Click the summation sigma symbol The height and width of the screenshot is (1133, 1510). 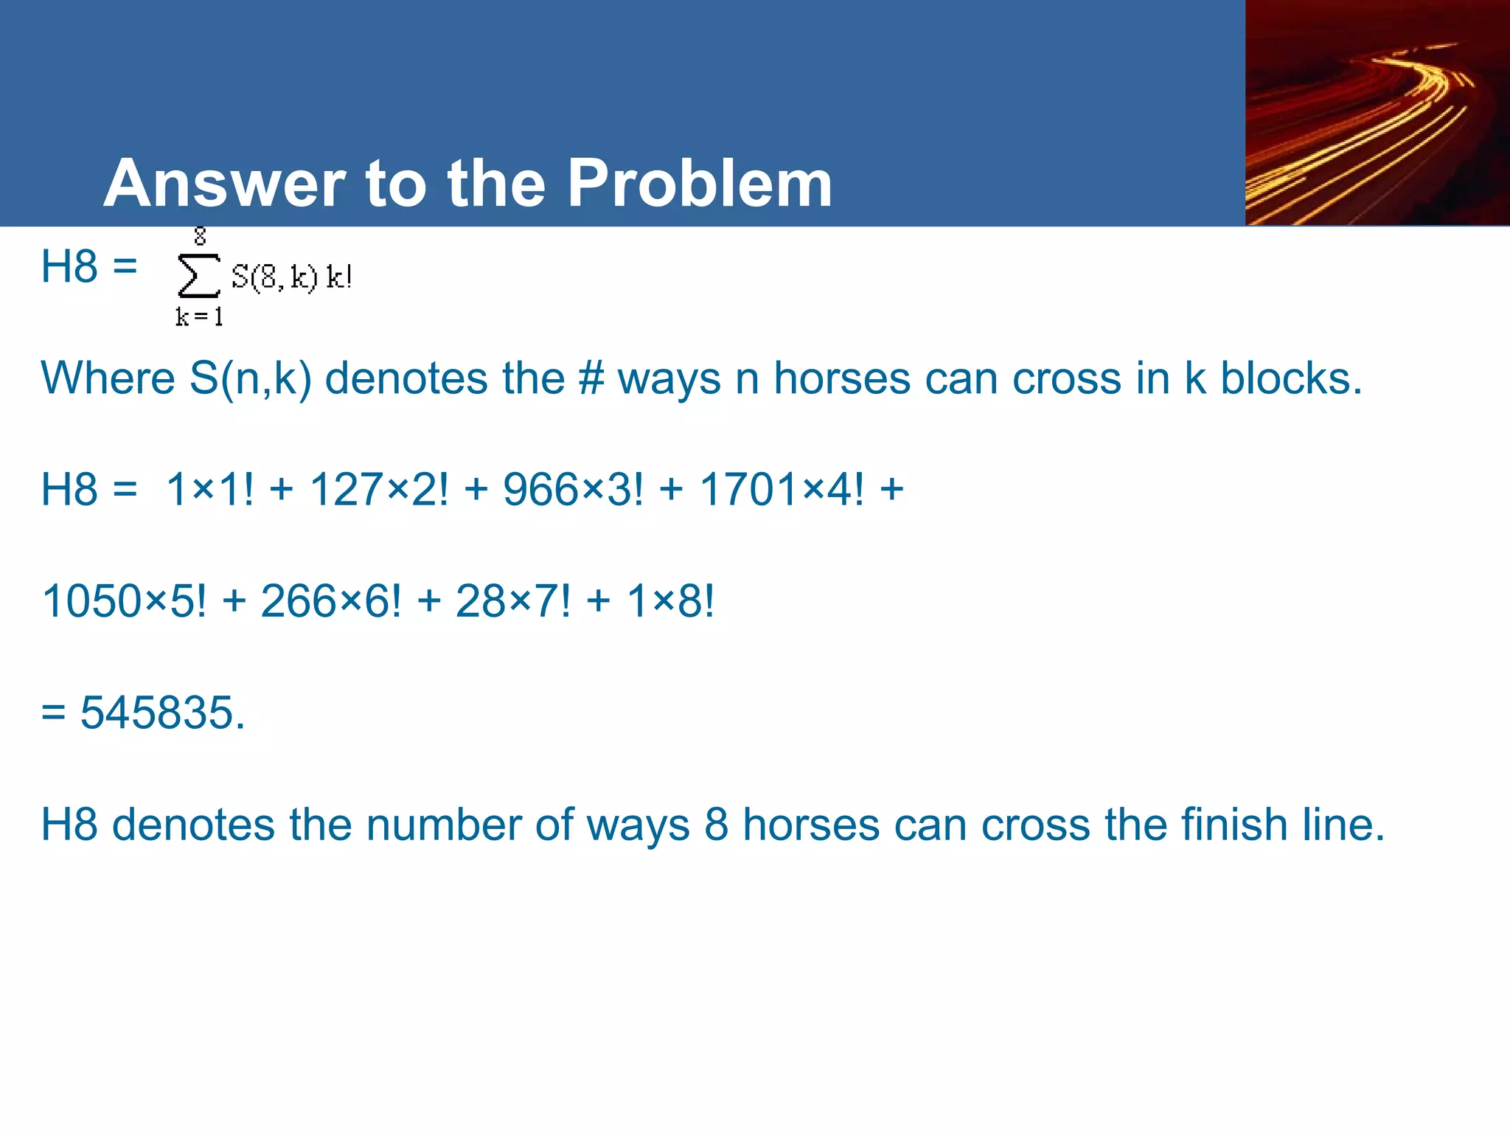point(198,276)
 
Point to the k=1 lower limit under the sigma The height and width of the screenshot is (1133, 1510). point(198,317)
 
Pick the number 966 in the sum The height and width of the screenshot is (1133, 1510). point(535,489)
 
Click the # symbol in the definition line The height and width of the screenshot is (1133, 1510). point(591,378)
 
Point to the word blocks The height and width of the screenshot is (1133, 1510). point(1291,378)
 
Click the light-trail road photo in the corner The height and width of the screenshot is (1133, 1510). point(1377,113)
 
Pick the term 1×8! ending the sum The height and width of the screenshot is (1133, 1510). point(670,600)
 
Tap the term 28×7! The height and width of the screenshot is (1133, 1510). point(513,600)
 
